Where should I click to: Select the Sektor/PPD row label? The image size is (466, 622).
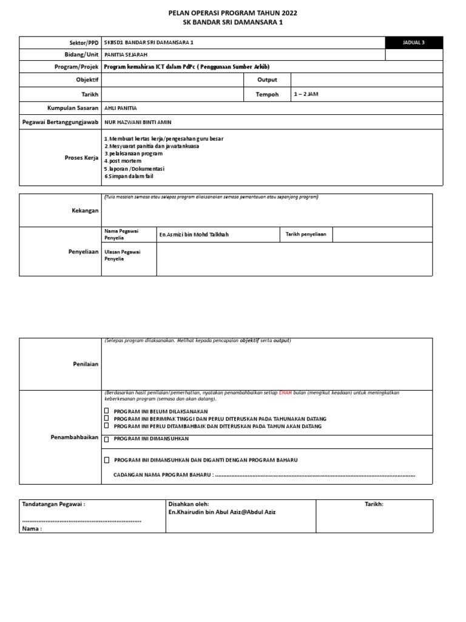84,43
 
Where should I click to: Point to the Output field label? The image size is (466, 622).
267,80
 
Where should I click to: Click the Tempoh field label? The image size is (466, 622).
267,94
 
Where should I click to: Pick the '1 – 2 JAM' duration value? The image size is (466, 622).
306,94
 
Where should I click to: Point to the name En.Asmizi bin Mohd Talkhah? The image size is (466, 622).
194,234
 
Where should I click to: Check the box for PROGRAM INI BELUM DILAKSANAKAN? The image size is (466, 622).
107,411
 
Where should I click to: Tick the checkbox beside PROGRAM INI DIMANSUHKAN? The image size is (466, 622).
107,439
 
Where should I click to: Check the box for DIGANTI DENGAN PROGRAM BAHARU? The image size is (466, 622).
107,460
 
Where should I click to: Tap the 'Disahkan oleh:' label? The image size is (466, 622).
188,504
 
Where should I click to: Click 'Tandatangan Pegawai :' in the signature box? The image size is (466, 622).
53,504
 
